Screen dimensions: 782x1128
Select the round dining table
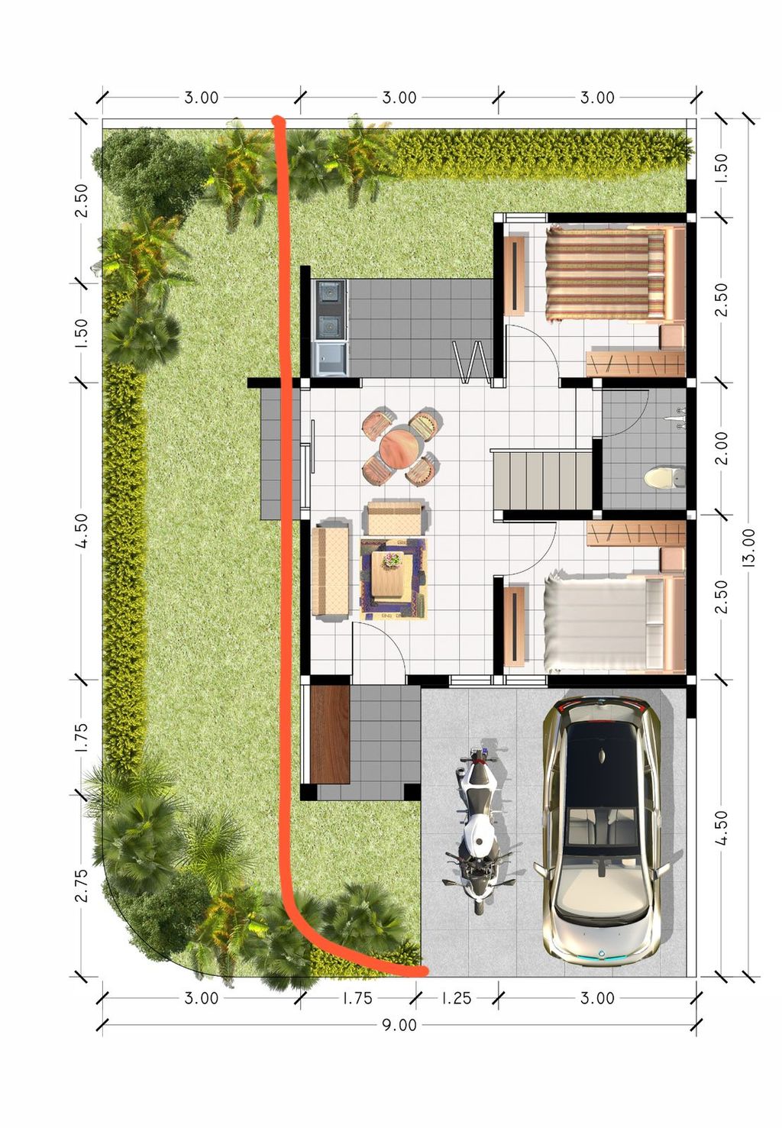(401, 448)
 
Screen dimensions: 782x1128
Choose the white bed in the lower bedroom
(614, 624)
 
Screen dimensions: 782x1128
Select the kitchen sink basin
(331, 358)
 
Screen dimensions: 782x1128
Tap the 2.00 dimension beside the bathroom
(721, 448)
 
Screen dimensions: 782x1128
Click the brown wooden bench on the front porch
(331, 735)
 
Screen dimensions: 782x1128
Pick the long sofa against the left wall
(331, 570)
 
